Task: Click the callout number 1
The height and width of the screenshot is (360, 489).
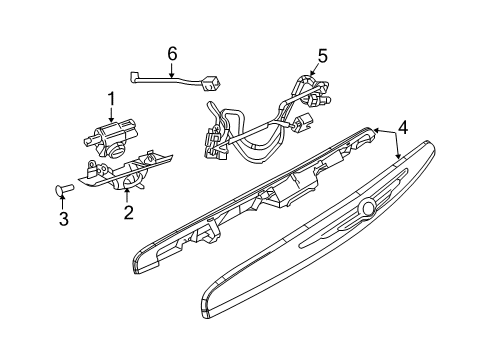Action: point(112,97)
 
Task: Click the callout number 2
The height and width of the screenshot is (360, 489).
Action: point(128,212)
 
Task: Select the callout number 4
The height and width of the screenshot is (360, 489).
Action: point(402,126)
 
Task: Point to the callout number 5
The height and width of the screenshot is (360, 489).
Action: point(322,56)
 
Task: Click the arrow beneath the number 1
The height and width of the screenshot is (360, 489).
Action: point(112,113)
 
